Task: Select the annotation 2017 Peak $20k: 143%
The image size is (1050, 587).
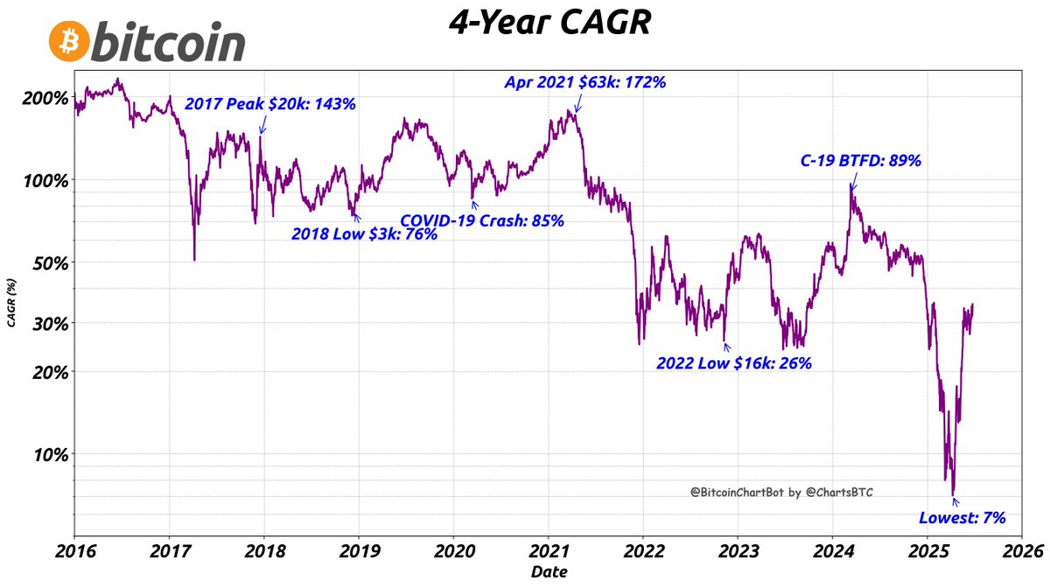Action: [x=270, y=104]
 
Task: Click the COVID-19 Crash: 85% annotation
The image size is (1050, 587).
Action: [x=482, y=220]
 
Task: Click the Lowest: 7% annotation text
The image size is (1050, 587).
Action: [x=962, y=517]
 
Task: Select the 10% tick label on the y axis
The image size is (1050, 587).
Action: [x=49, y=453]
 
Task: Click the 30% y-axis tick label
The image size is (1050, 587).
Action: [x=49, y=323]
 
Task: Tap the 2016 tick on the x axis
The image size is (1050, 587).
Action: [x=74, y=552]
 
